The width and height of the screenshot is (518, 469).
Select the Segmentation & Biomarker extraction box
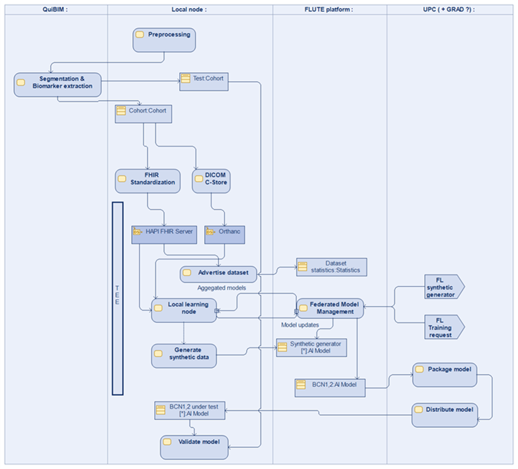57,83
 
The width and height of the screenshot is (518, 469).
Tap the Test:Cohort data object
204,82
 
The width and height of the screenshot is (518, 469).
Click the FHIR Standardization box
147,181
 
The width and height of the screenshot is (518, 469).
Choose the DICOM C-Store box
211,181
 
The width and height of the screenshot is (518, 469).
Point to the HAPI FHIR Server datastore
164,234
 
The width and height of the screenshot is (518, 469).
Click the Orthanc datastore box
224,234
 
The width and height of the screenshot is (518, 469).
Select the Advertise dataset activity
218,273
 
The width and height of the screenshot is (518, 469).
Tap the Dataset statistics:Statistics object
332,267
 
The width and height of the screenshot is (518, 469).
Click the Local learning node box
183,310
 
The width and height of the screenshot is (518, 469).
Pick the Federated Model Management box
330,308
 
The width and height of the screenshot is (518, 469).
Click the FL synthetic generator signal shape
444,286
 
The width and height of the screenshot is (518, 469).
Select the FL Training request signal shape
444,327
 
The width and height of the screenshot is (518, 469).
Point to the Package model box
444,374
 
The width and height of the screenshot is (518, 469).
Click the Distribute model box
444,414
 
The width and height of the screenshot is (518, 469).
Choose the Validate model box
194,446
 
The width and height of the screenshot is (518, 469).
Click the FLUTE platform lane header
329,10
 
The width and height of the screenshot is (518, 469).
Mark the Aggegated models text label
222,287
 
